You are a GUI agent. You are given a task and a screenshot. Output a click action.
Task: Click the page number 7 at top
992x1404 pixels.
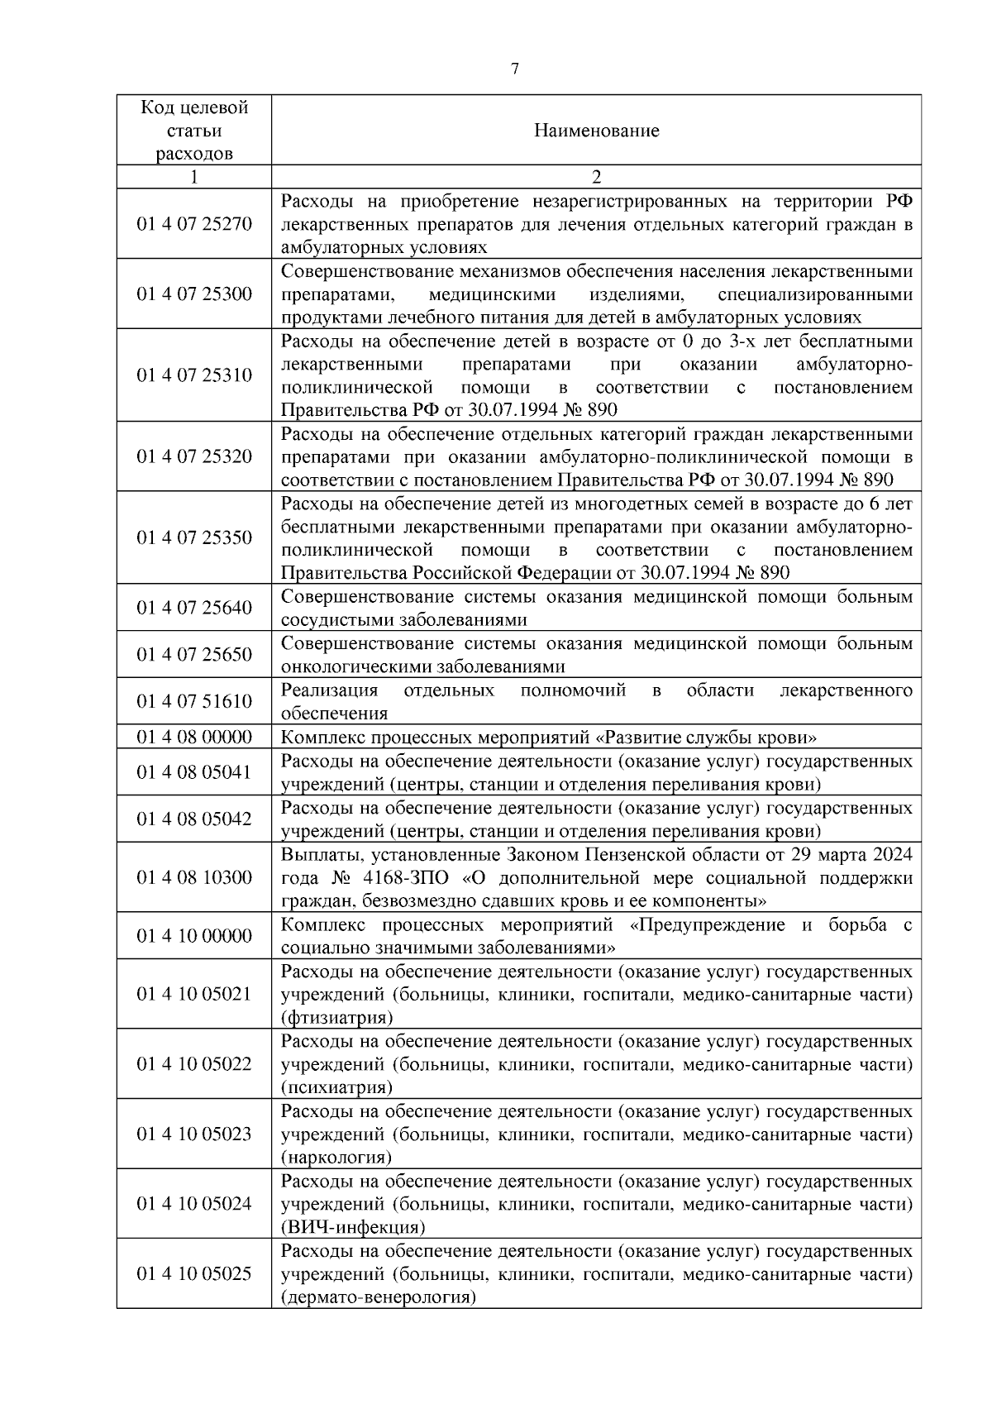click(515, 69)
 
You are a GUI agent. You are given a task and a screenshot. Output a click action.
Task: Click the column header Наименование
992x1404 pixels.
click(596, 131)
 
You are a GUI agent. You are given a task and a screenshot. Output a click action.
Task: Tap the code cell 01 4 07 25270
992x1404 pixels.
click(194, 224)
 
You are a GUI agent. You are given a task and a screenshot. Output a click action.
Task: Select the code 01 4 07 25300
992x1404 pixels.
click(194, 294)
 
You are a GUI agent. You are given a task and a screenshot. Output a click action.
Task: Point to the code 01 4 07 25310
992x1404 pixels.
click(194, 375)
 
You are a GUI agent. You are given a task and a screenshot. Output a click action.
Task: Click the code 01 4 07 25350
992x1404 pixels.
click(194, 538)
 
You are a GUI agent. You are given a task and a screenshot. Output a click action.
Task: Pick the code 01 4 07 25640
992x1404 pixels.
click(194, 608)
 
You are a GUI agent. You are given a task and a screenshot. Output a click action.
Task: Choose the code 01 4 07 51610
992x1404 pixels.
click(194, 701)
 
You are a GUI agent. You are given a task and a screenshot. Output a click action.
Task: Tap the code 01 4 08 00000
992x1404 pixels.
click(194, 737)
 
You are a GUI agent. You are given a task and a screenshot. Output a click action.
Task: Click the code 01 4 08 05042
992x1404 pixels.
click(194, 819)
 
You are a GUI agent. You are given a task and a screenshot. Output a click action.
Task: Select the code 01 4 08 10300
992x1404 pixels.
click(194, 877)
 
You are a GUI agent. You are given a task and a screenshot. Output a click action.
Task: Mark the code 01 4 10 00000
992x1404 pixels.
click(194, 936)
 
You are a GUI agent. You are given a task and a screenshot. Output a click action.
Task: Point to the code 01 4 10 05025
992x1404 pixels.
click(194, 1274)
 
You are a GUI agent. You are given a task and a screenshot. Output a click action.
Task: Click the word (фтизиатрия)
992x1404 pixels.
click(336, 1018)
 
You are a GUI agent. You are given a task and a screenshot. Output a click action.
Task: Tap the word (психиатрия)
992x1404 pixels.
click(336, 1087)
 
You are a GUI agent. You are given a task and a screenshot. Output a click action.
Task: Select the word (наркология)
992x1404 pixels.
click(336, 1158)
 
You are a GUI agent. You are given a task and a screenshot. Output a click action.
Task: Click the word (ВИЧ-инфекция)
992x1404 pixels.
click(353, 1227)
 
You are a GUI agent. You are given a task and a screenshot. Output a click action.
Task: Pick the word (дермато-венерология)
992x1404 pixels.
click(379, 1297)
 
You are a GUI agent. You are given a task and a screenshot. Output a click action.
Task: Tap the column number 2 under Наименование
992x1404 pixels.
click(596, 177)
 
